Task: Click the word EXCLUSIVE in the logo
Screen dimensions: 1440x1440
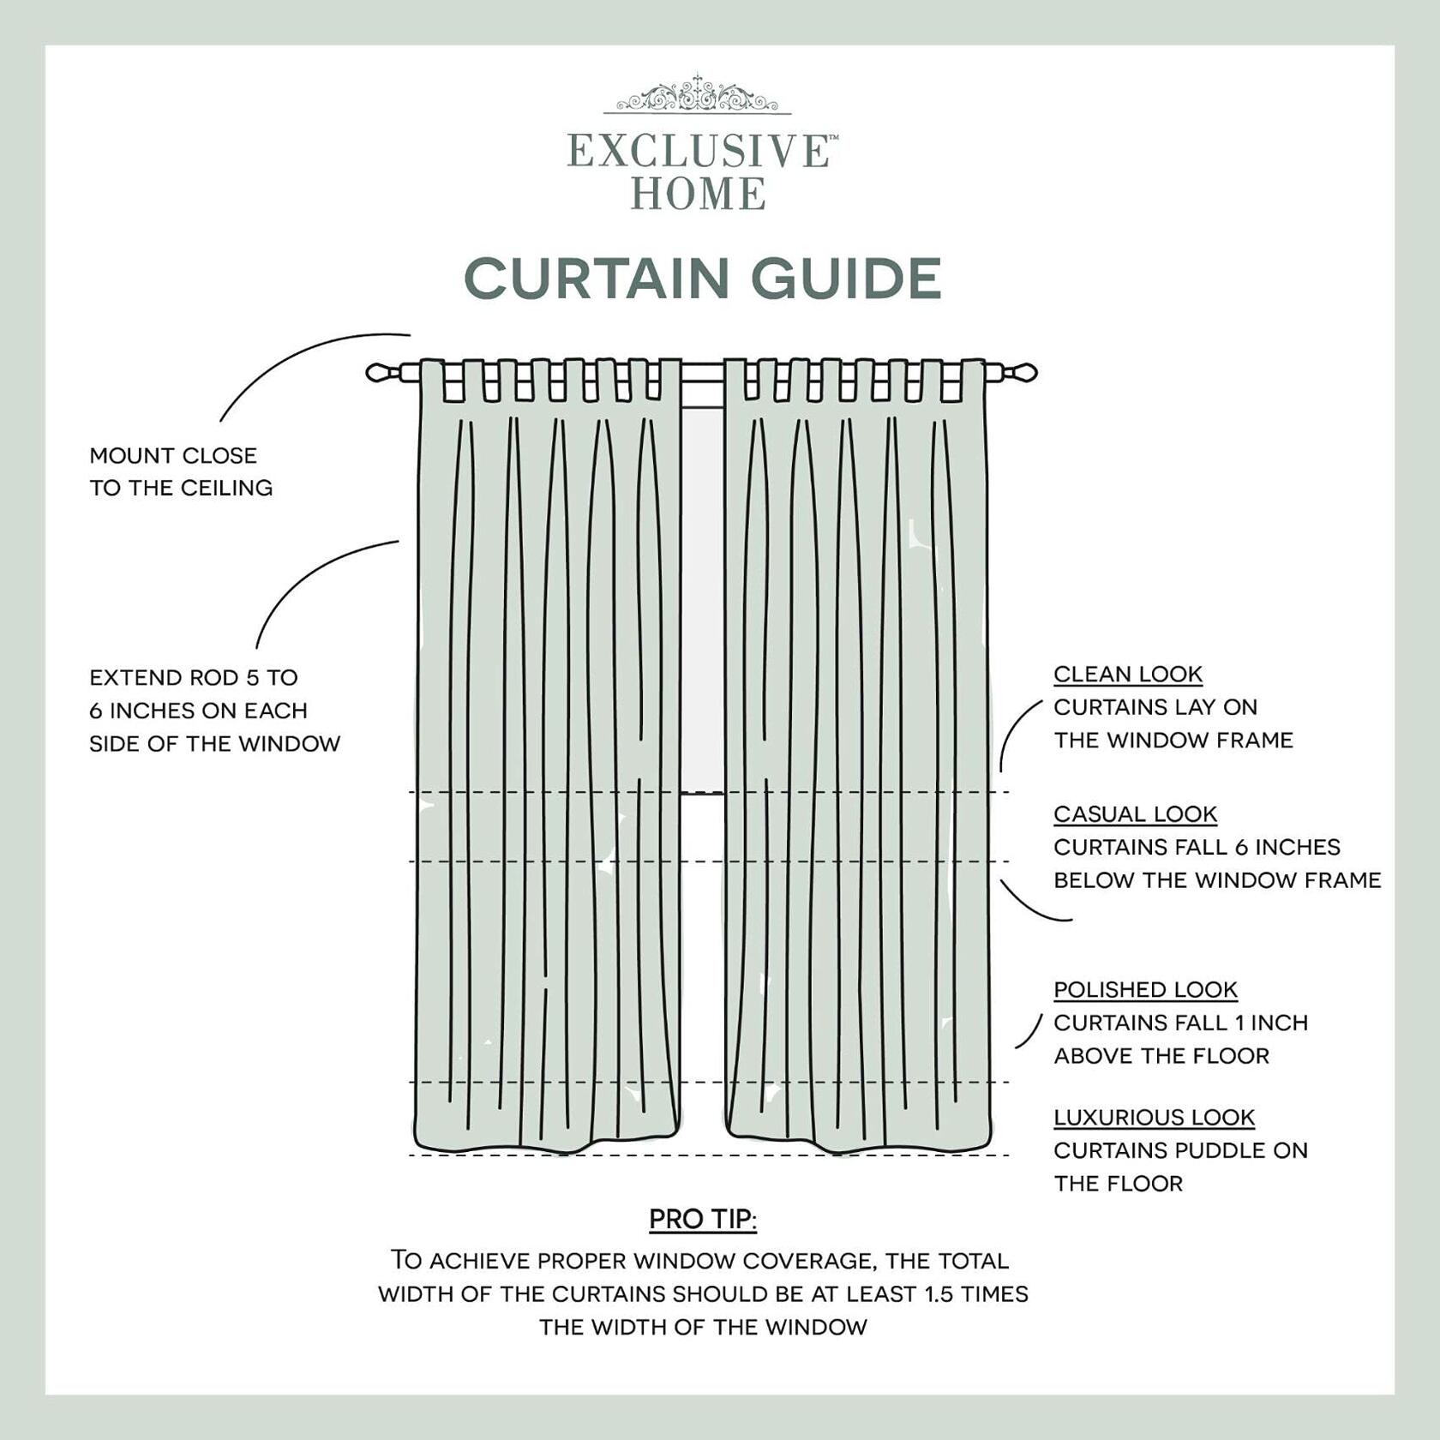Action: pyautogui.click(x=698, y=152)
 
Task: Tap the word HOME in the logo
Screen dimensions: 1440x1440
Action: pyautogui.click(x=698, y=194)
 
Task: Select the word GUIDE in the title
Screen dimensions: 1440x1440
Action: pyautogui.click(x=846, y=279)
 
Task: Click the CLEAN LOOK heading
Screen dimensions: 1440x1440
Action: pyautogui.click(x=1128, y=675)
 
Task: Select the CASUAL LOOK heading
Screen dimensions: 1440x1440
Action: pyautogui.click(x=1135, y=814)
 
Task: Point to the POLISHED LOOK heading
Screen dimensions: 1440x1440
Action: pyautogui.click(x=1145, y=990)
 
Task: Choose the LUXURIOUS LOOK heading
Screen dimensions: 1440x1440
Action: pyautogui.click(x=1154, y=1118)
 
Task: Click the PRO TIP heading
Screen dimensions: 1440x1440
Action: pyautogui.click(x=703, y=1219)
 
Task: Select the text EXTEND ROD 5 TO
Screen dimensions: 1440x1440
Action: pyautogui.click(x=194, y=678)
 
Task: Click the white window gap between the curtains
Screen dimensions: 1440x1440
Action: pyautogui.click(x=703, y=600)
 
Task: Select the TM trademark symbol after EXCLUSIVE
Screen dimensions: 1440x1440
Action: pyautogui.click(x=833, y=137)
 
